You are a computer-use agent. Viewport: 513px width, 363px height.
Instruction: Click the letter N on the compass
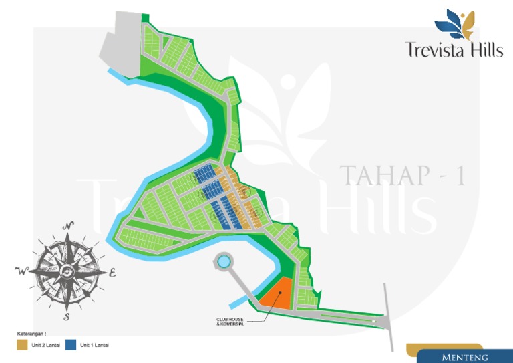[67, 226]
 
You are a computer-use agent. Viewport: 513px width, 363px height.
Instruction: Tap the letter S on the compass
[67, 316]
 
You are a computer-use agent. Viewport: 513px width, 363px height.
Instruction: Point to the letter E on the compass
[112, 272]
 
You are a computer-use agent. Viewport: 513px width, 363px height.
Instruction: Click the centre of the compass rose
[67, 271]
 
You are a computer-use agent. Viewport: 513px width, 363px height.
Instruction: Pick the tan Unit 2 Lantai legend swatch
[21, 345]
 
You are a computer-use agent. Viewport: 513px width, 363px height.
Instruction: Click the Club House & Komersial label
[230, 322]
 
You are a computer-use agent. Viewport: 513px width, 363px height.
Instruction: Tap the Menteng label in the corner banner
[464, 358]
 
